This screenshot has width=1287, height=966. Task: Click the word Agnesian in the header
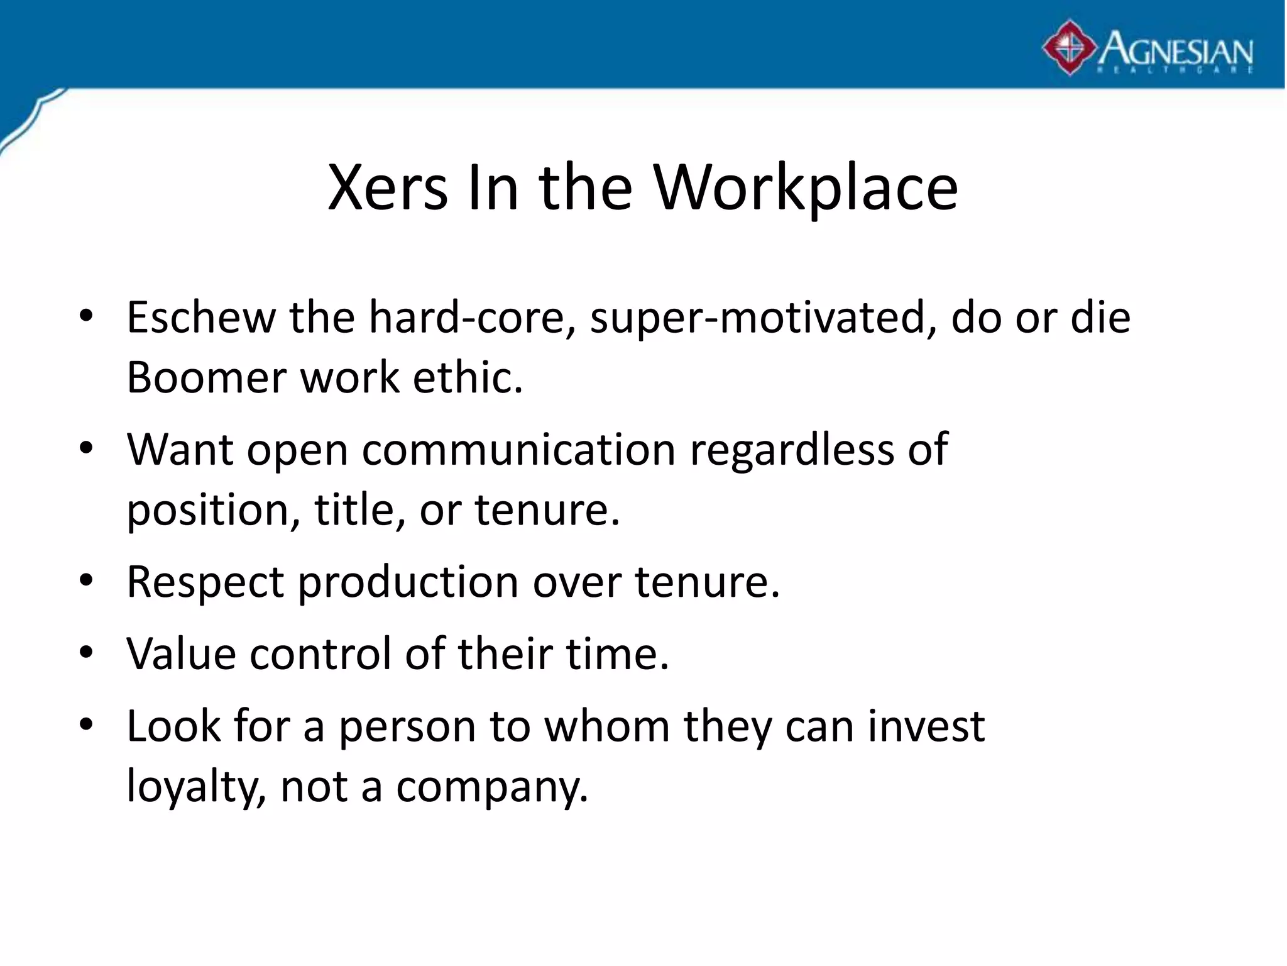[1176, 48]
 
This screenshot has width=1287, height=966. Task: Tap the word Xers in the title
[388, 187]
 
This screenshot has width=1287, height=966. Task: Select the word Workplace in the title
[806, 187]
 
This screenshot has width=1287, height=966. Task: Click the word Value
[181, 654]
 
